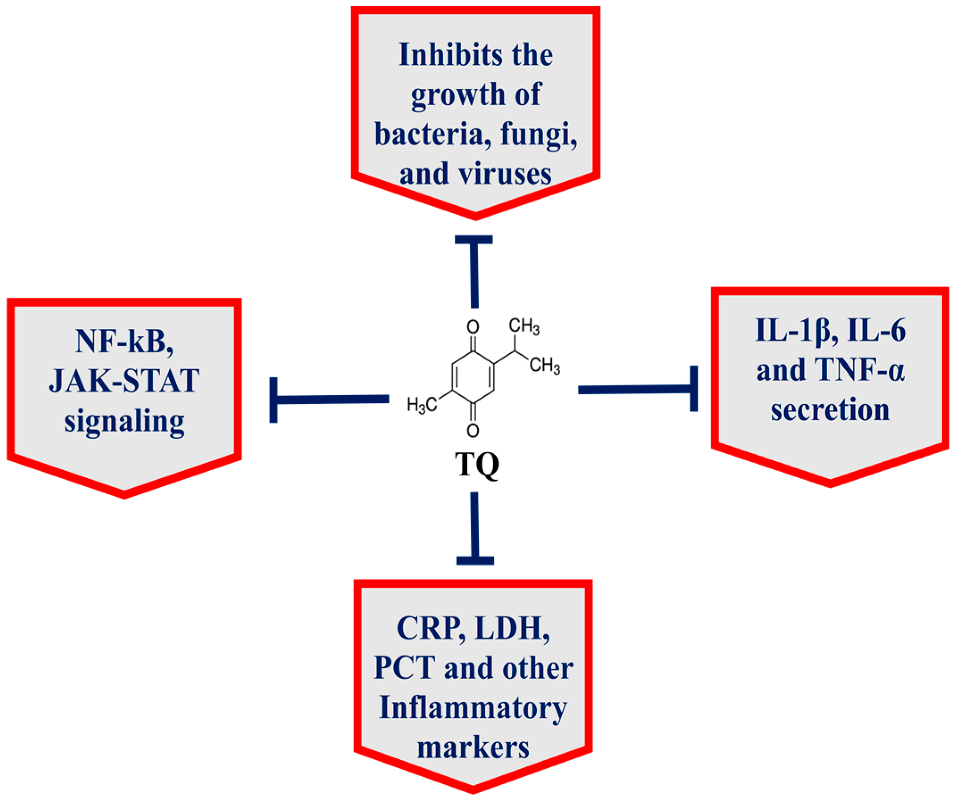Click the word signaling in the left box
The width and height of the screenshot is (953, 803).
(124, 421)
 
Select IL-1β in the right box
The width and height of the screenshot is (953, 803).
(792, 331)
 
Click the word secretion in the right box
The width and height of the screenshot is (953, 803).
(830, 409)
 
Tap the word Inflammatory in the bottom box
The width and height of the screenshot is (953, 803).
(473, 708)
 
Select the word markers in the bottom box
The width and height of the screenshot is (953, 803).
(473, 748)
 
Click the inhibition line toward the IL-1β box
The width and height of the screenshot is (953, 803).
(638, 389)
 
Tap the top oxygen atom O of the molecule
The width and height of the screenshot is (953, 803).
(473, 327)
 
